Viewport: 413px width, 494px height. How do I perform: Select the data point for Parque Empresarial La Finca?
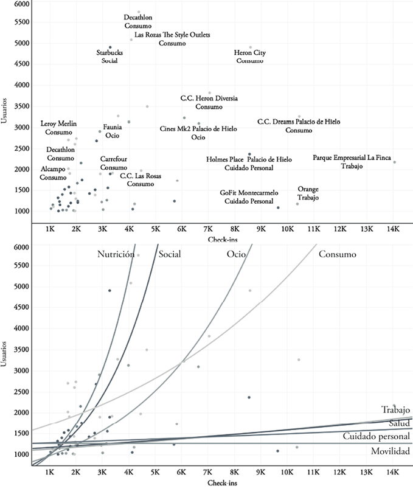point(394,162)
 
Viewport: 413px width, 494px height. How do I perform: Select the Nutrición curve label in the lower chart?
point(116,255)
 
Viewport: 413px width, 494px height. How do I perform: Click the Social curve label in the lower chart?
point(170,255)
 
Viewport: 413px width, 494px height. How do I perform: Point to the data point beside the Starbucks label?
point(110,47)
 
